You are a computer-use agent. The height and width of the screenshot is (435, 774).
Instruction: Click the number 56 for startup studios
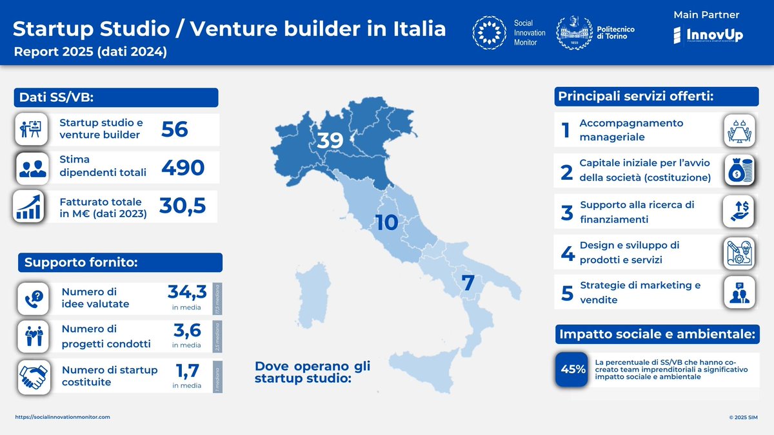tap(175, 130)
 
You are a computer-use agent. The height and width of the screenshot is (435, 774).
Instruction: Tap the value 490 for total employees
tap(183, 168)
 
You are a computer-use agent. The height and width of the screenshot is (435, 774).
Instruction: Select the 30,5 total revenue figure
tap(183, 206)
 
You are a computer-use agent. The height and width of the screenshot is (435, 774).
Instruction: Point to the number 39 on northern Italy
tap(330, 141)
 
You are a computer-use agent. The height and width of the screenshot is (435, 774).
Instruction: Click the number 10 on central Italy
tap(387, 222)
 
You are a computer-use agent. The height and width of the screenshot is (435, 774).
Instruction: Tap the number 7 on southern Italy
tap(468, 282)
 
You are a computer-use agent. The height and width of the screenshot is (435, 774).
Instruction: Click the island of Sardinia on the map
tap(312, 302)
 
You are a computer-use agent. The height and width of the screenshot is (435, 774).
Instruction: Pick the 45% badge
tap(573, 369)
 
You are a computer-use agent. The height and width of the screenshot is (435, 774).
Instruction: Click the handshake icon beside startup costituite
tap(34, 376)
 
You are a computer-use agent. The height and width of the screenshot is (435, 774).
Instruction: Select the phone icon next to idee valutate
tap(34, 298)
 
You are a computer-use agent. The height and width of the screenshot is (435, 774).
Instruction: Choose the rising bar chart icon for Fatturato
tap(28, 207)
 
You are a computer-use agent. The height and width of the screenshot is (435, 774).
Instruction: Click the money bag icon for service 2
tap(738, 171)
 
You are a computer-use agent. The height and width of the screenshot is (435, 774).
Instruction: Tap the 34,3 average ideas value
tap(185, 293)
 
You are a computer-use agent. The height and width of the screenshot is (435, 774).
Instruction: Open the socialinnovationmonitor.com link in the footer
tap(63, 417)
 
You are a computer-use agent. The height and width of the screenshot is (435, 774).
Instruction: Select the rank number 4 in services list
tap(568, 253)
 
